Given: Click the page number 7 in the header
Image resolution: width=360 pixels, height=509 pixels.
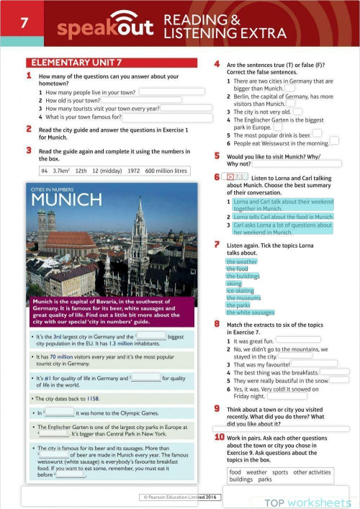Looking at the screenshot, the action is [x=24, y=23].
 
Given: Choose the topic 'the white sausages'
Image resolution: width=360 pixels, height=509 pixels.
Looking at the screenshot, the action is [x=250, y=312].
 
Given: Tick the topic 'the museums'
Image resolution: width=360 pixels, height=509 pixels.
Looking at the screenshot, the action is [x=243, y=298].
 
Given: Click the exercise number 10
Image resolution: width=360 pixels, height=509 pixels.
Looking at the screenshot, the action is [x=219, y=437].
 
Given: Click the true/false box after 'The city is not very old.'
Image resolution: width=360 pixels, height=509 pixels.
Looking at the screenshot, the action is [x=297, y=112].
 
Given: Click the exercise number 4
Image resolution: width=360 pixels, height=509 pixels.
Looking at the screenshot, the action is [x=216, y=63].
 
